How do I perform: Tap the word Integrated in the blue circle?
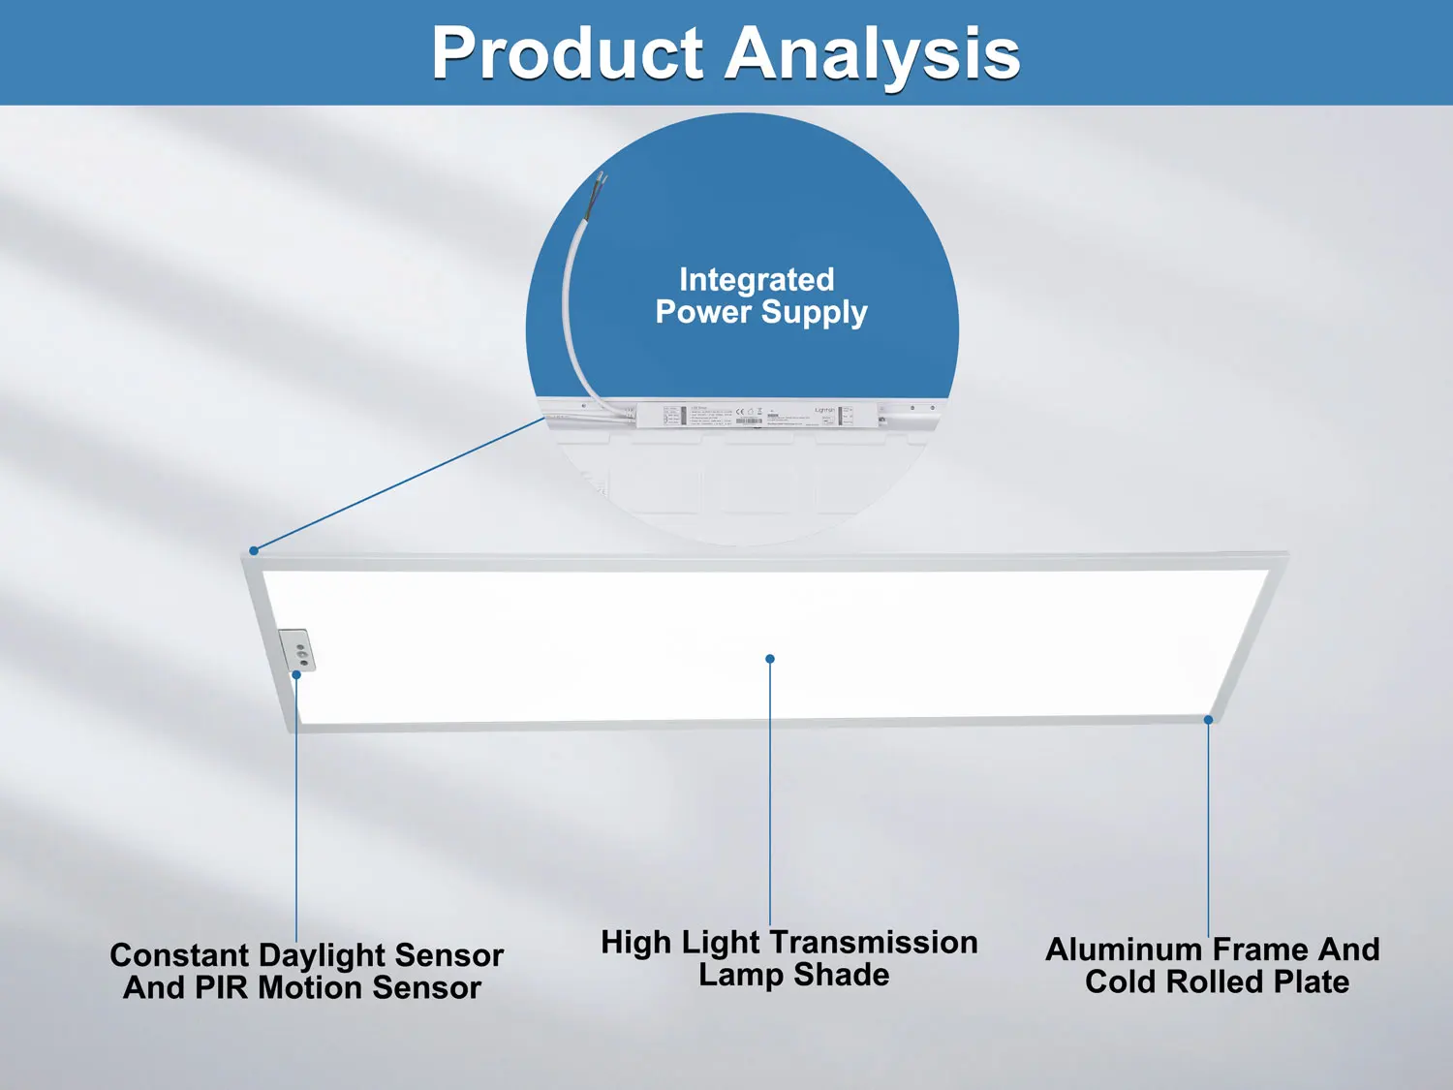757,280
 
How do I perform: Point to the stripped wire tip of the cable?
602,178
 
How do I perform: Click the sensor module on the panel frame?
298,649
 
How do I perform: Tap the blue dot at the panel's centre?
770,659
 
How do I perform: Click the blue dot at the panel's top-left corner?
254,550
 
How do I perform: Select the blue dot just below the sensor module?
296,674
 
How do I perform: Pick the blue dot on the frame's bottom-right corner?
1208,720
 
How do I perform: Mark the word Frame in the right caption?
1259,950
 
